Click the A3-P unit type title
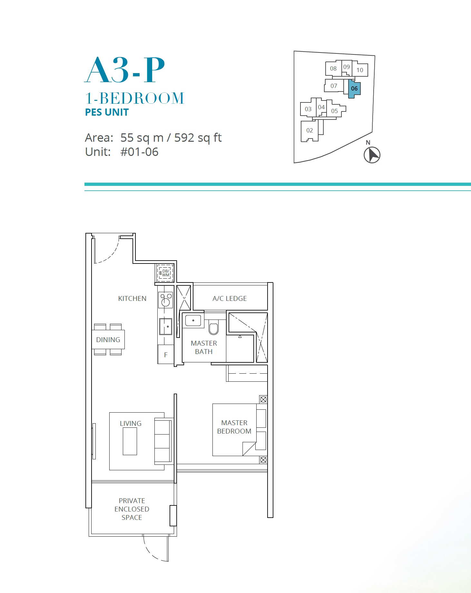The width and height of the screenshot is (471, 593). pos(124,70)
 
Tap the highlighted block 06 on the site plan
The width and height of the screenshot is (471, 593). pos(354,88)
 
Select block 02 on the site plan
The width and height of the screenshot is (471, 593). pos(310,130)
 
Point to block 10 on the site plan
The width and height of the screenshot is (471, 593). pos(360,70)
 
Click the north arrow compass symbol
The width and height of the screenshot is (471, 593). pos(372,155)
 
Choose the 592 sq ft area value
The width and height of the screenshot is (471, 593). pos(198,138)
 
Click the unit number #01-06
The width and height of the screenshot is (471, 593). pos(139,152)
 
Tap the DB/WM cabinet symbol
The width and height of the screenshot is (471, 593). pos(165,273)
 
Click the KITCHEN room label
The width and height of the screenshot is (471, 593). pos(132,299)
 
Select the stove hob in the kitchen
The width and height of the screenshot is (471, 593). pos(166,300)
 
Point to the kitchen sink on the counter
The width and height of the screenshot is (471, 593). pos(166,327)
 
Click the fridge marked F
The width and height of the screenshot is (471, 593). pos(166,354)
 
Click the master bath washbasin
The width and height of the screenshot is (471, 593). pos(193,320)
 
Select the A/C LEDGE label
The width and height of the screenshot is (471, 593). pos(230,299)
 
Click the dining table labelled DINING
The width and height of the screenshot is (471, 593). pos(108,340)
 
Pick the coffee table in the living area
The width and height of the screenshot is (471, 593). pos(130,441)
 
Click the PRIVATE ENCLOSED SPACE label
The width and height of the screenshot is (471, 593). pos(132,509)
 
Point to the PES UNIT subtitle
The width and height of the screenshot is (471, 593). pos(107,112)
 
